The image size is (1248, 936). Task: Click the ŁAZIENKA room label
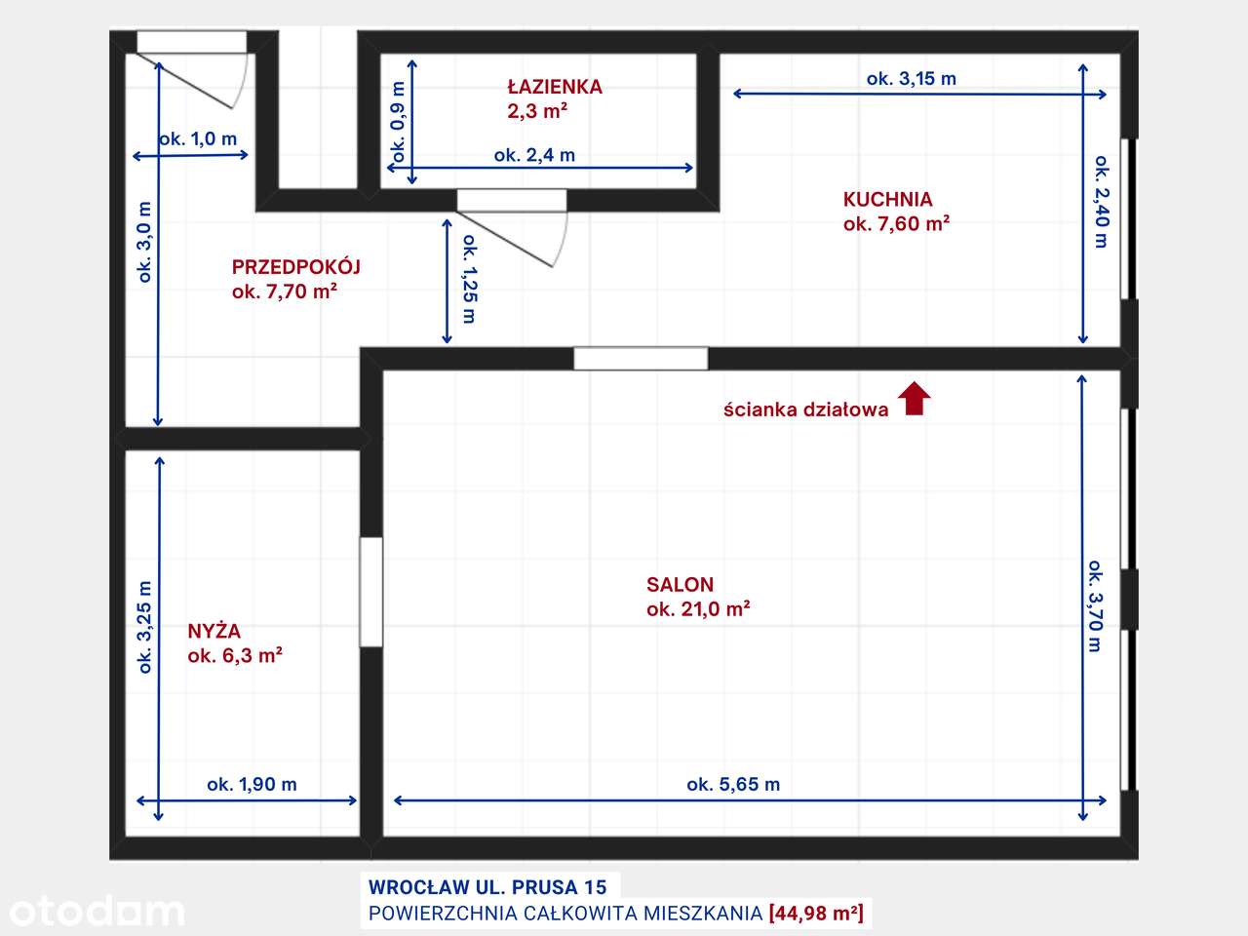[555, 87]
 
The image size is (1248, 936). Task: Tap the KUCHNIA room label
[887, 200]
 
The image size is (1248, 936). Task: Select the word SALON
[680, 585]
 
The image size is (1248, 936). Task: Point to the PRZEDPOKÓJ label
[296, 267]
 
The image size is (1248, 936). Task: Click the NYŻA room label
[214, 631]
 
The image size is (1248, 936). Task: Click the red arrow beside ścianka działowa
[914, 399]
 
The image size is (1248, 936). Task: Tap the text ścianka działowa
[805, 409]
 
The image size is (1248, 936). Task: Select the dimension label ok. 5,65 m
[733, 784]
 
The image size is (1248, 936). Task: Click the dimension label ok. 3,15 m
[911, 79]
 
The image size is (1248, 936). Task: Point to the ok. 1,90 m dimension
[252, 784]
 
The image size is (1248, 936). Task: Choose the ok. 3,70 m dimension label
[1096, 606]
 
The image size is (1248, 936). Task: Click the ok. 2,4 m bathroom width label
[534, 155]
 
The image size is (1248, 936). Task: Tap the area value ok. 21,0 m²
[698, 609]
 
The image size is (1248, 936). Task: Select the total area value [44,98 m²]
[816, 914]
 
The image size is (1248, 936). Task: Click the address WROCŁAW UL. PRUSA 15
[487, 887]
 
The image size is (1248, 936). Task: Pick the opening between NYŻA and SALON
[371, 591]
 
